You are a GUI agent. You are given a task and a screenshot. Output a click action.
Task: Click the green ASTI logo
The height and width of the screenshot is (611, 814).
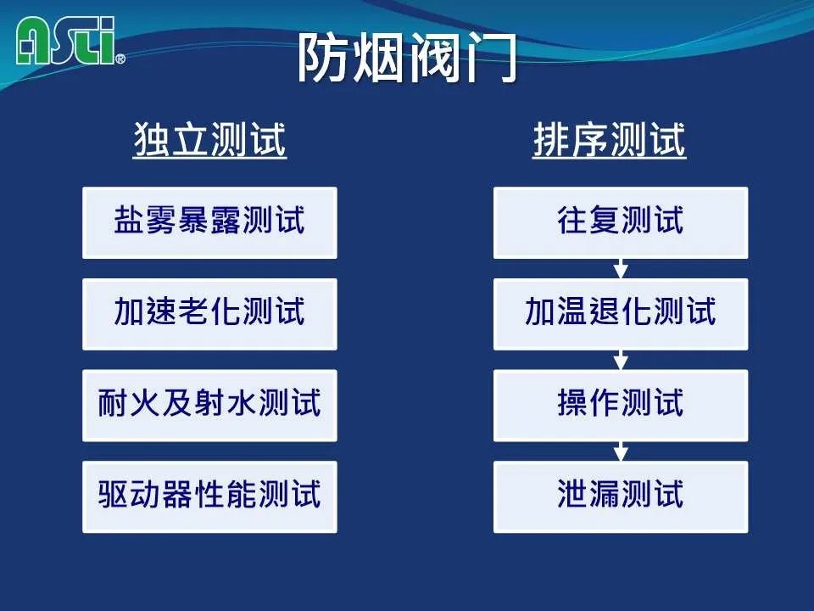pos(65,41)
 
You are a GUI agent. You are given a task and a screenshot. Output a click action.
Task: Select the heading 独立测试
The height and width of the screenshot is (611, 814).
pos(209,139)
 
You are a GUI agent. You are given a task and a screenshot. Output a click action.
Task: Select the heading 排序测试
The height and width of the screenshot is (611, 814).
pos(610,139)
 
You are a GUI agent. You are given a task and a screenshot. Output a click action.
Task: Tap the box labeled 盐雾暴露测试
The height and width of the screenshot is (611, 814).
pos(209,223)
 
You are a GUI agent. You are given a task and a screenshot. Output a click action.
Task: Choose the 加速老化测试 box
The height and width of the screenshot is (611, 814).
pos(209,314)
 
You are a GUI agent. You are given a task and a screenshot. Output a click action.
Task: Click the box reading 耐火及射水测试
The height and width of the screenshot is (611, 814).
pos(209,406)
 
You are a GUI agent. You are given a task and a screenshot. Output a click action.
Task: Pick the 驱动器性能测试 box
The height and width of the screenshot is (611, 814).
pos(209,496)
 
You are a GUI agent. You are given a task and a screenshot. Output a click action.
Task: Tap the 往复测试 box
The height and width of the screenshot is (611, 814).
pos(621,223)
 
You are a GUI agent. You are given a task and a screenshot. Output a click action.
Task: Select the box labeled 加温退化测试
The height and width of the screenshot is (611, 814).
pos(621,314)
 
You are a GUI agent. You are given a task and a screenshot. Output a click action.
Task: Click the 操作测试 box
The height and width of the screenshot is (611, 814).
pos(621,406)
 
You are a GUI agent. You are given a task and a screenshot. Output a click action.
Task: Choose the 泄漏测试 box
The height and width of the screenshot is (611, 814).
pos(621,496)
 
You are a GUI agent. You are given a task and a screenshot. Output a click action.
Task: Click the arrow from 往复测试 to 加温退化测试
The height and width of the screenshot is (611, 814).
pos(621,269)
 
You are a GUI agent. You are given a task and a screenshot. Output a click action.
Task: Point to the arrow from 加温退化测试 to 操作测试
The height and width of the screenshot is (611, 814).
pos(621,360)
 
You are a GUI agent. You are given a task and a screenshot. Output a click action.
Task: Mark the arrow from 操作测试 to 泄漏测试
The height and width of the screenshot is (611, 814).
pos(621,451)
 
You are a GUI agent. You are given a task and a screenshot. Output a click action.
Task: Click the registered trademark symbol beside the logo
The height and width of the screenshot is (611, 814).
pos(120,59)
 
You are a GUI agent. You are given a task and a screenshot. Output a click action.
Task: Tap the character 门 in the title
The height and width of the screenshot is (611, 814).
pos(491,58)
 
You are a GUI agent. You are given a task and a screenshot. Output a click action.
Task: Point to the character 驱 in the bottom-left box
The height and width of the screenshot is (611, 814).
pos(114,494)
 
